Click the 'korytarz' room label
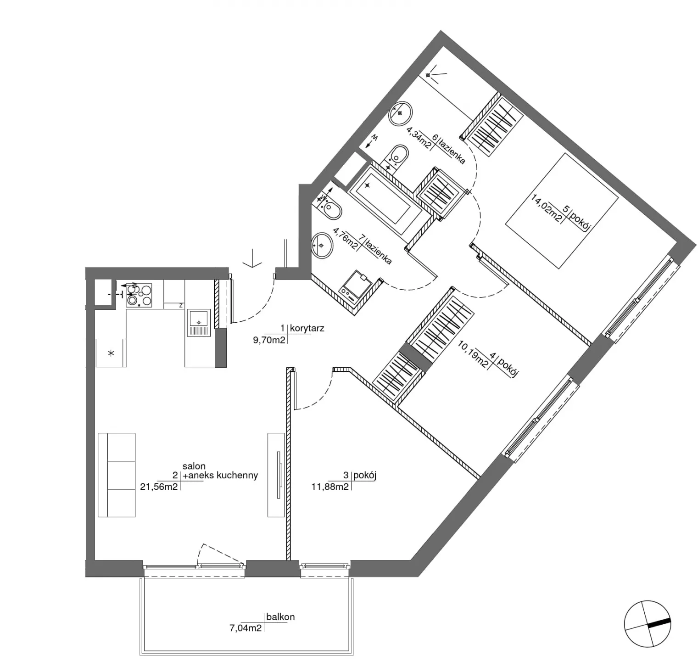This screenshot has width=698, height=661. pyautogui.click(x=307, y=328)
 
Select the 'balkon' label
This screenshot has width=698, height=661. pyautogui.click(x=280, y=617)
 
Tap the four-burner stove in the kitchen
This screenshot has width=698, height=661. pyautogui.click(x=139, y=294)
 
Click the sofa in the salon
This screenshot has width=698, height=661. pyautogui.click(x=117, y=475)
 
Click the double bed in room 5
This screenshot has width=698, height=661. pyautogui.click(x=562, y=211)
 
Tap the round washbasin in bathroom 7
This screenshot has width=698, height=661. pyautogui.click(x=322, y=245)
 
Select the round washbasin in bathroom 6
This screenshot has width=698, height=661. pyautogui.click(x=401, y=113)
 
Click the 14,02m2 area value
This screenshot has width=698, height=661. pyautogui.click(x=547, y=208)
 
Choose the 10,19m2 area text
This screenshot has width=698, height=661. pyautogui.click(x=473, y=354)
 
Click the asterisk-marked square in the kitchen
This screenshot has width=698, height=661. pyautogui.click(x=111, y=353)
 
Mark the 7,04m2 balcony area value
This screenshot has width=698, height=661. pyautogui.click(x=245, y=627)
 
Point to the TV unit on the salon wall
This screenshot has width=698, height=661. pyautogui.click(x=276, y=475)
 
